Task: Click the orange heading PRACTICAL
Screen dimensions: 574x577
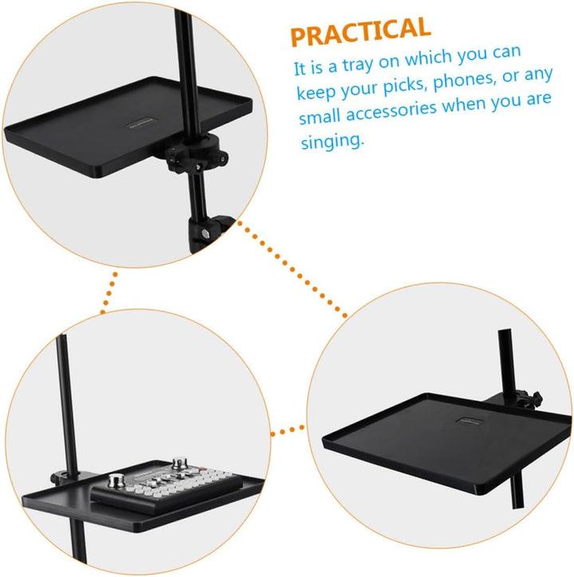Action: [x=360, y=31]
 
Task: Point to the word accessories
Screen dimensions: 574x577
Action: [x=391, y=111]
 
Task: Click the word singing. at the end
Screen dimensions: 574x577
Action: [x=332, y=141]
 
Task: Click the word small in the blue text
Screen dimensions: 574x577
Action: [x=319, y=117]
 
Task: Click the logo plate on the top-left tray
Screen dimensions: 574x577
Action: [x=142, y=123]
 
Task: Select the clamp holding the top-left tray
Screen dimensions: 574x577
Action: [x=197, y=152]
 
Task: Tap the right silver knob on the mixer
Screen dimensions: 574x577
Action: [x=180, y=464]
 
